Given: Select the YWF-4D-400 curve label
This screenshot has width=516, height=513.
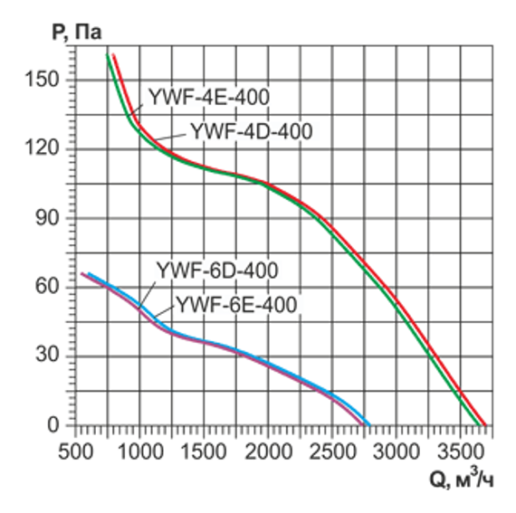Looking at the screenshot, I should (x=251, y=131).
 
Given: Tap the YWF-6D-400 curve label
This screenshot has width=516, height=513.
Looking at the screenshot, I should (x=216, y=270).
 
